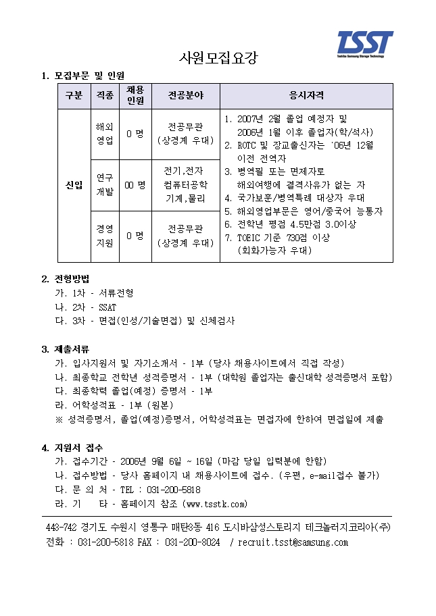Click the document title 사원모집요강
(x=218, y=57)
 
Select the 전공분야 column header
(x=185, y=96)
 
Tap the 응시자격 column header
(x=306, y=96)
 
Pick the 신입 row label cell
(x=74, y=186)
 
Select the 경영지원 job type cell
(x=105, y=236)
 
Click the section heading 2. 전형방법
(x=66, y=278)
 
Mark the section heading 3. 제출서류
(x=66, y=349)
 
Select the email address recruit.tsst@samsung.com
(x=293, y=542)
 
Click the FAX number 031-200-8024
(x=192, y=542)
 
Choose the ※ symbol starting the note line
(x=59, y=419)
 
